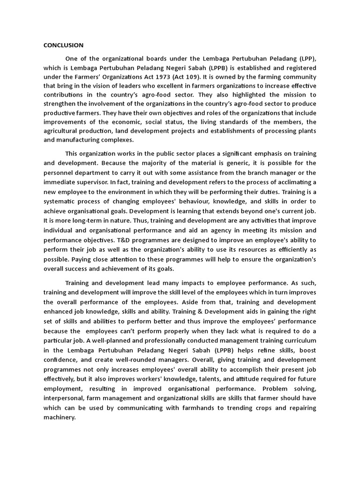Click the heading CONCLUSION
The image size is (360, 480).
(63, 45)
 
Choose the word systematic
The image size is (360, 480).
(62, 200)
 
